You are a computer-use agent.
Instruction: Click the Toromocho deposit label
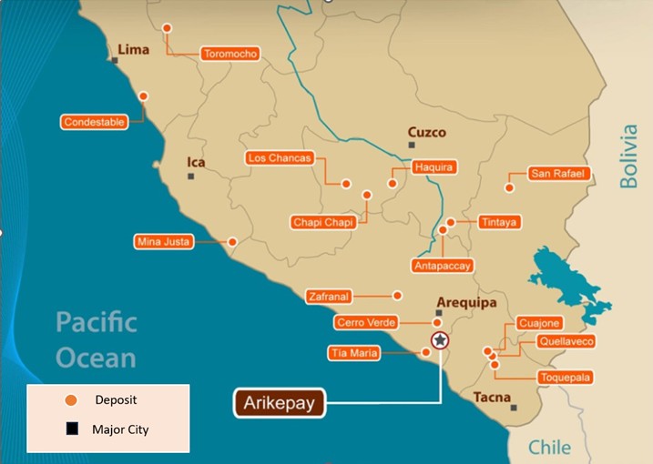tap(230, 54)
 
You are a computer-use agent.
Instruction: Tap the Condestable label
tap(94, 122)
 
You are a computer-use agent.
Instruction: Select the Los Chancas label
tap(280, 158)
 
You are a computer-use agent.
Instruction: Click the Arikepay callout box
tap(281, 403)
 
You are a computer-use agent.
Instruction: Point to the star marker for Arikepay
tap(440, 340)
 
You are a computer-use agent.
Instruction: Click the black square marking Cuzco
tap(412, 145)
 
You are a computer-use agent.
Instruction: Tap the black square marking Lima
tap(115, 60)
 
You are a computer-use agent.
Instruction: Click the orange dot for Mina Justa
tap(232, 242)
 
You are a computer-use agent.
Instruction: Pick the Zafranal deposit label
tap(328, 296)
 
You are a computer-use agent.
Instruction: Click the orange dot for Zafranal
tap(397, 295)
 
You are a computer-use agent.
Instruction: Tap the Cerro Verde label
tap(363, 323)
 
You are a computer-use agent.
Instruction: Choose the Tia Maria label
tap(352, 353)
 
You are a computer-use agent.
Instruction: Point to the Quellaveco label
tap(566, 341)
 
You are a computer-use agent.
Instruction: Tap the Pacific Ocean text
tap(96, 339)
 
